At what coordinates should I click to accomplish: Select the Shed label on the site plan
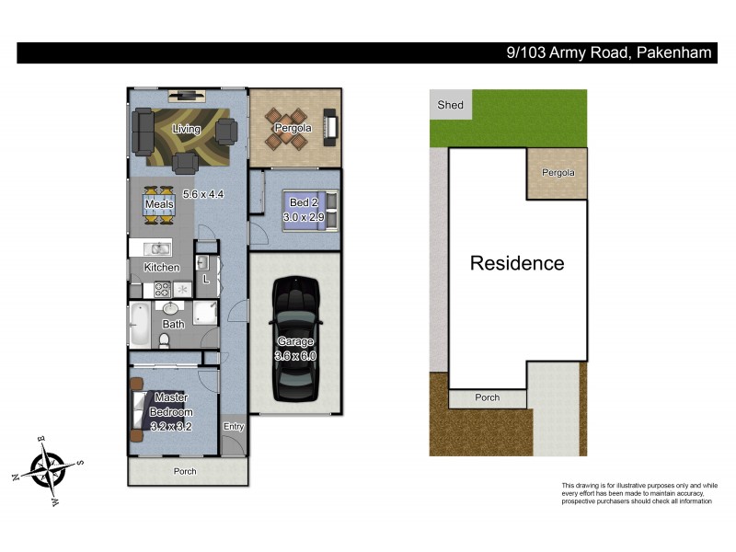[450, 105]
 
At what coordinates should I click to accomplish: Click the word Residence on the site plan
[517, 263]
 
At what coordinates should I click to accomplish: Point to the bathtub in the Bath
[139, 325]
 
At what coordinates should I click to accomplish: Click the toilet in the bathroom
[166, 340]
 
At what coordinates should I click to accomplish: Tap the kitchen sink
[159, 248]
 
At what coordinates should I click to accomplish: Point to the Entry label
[234, 426]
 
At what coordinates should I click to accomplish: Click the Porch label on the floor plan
[185, 471]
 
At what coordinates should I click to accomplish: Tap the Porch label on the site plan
[487, 397]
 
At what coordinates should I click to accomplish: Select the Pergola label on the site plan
[558, 172]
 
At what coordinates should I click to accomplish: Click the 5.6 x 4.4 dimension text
[203, 193]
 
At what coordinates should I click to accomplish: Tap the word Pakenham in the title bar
[673, 52]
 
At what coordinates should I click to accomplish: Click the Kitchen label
[162, 267]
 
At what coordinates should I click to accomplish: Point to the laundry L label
[205, 279]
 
